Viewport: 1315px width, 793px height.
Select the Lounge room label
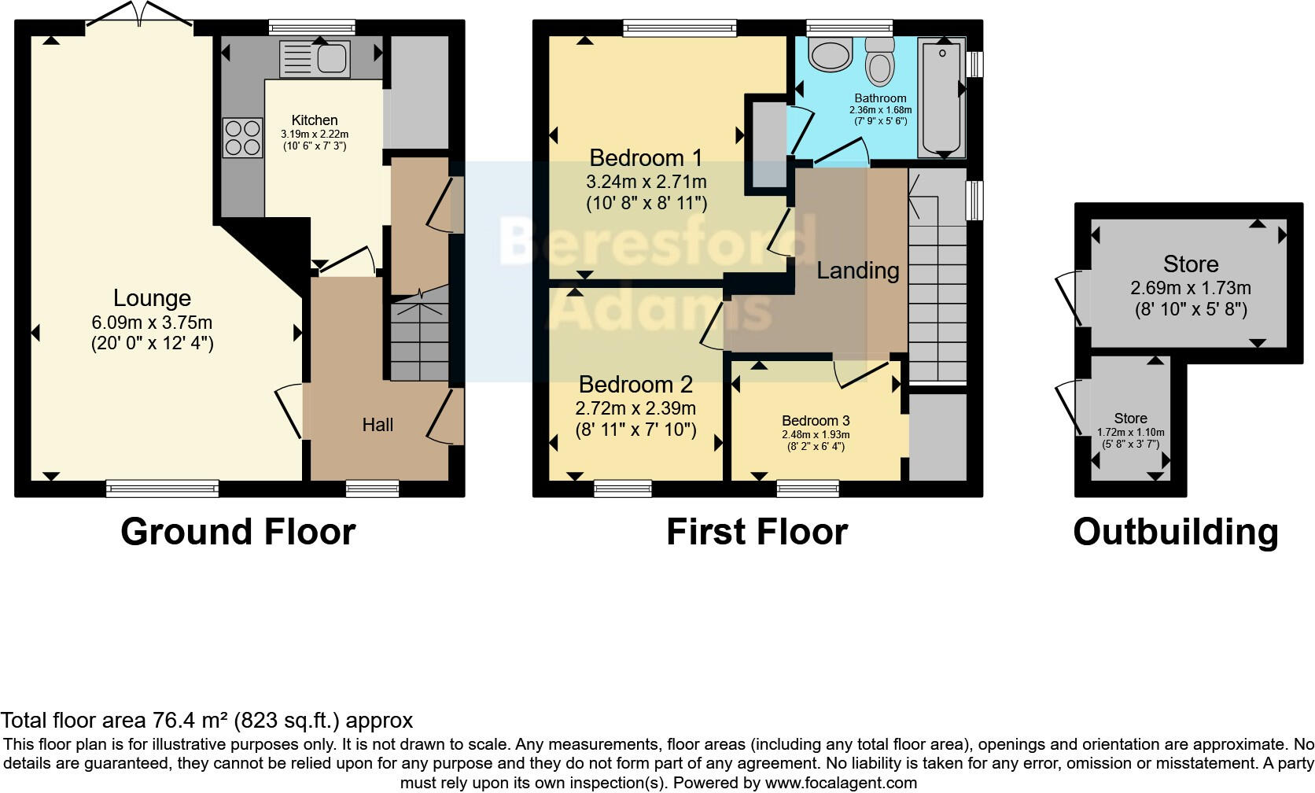[x=152, y=298]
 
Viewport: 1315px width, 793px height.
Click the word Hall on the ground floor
[x=378, y=425]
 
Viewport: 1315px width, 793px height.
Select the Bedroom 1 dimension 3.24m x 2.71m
[x=646, y=182]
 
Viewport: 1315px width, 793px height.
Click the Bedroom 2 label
[x=635, y=385]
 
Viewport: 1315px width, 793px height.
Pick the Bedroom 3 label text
[x=816, y=421]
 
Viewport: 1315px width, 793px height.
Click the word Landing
[x=857, y=271]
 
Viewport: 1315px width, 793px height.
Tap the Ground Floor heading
[x=238, y=532]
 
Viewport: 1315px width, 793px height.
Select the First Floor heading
[x=757, y=532]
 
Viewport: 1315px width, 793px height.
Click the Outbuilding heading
[x=1175, y=532]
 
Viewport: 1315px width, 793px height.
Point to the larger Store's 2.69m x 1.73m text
[x=1190, y=288]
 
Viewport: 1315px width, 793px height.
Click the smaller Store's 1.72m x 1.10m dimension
[x=1130, y=432]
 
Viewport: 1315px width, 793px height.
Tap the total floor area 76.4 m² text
[x=206, y=720]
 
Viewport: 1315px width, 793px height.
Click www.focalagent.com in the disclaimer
[x=841, y=783]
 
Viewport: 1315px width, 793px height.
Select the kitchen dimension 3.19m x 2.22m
[x=315, y=135]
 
